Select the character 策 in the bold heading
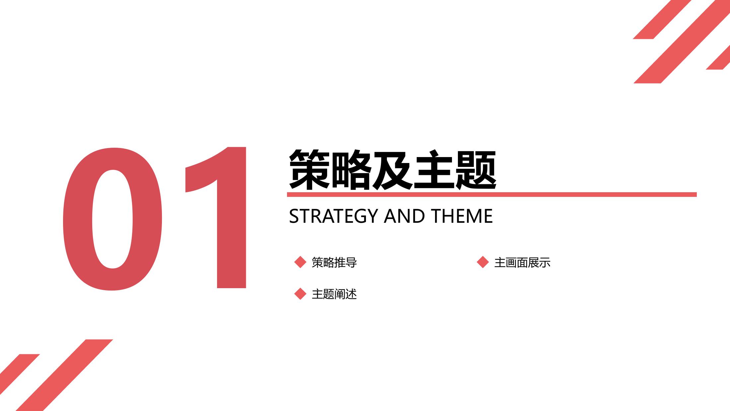point(310,169)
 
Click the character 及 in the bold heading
point(393,169)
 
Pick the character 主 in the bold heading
point(434,169)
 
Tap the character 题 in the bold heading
point(475,169)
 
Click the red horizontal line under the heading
point(492,195)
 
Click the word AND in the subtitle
point(404,216)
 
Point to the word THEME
point(462,216)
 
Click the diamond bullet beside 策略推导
point(300,262)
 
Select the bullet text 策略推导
point(334,262)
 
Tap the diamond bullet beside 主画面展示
point(483,262)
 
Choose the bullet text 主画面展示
point(522,262)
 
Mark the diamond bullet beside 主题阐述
point(300,294)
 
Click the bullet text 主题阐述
point(334,294)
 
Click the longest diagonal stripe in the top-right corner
point(682,41)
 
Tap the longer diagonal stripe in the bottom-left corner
point(64,375)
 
